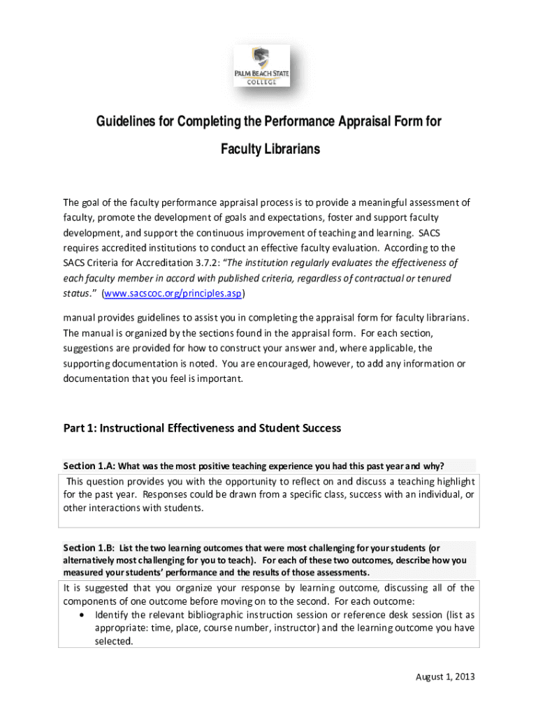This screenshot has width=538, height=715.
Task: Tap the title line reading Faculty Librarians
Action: pos(270,149)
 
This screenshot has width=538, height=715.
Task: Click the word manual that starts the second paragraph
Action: pos(82,318)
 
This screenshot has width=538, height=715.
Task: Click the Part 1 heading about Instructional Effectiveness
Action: pos(202,428)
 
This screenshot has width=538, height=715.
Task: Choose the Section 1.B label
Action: pos(89,547)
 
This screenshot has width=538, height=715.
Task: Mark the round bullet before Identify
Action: pos(83,615)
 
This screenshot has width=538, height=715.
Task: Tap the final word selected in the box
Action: pos(113,641)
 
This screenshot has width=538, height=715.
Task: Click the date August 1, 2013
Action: pos(445,677)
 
